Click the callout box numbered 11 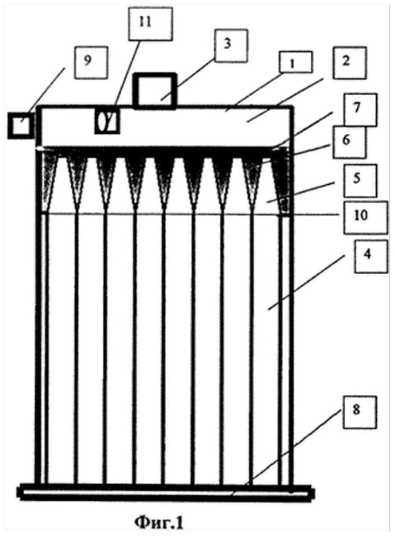150,24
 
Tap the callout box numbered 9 91,62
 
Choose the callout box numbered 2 350,63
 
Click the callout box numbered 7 360,109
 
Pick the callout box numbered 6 350,142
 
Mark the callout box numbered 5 360,181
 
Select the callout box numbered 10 366,218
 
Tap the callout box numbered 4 371,256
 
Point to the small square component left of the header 21,126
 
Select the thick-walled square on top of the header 156,91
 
